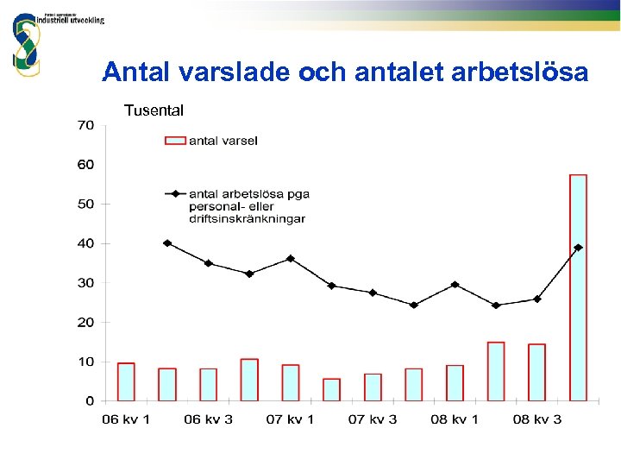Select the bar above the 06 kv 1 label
126,381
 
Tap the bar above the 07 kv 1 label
291,382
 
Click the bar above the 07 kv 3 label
373,387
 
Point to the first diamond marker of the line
167,243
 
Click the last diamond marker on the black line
578,248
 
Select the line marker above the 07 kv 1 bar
291,258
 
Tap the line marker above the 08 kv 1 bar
455,284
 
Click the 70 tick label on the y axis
85,125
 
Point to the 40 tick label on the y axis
85,243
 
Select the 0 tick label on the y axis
90,401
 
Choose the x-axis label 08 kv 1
454,420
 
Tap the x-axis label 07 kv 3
372,420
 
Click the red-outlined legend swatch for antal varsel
175,141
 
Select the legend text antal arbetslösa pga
248,194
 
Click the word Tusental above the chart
154,110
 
